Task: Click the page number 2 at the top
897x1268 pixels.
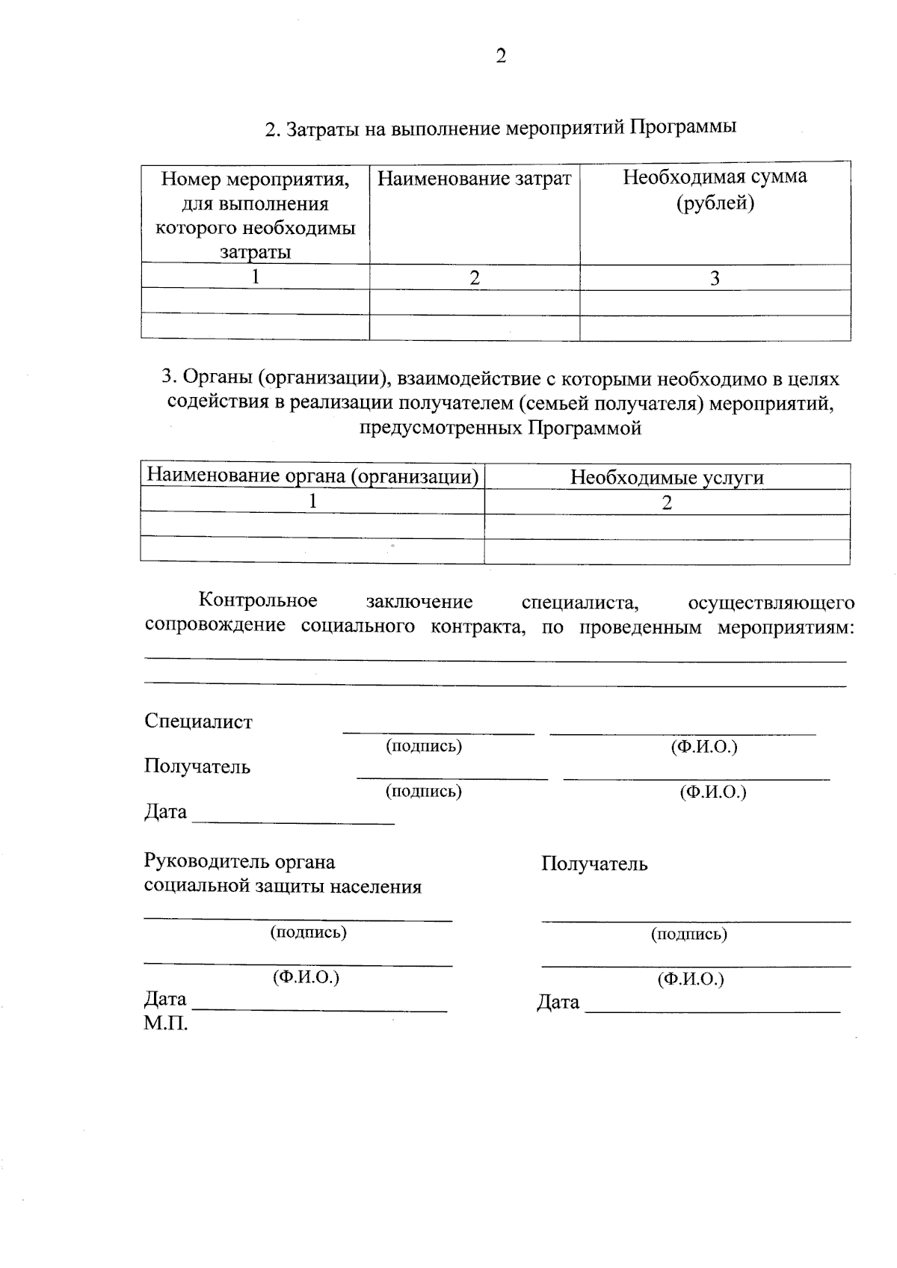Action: (501, 56)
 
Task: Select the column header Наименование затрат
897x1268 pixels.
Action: (474, 179)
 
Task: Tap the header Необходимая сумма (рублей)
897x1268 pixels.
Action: (715, 190)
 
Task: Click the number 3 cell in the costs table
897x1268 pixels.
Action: (715, 279)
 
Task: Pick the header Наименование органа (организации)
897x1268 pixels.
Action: (312, 476)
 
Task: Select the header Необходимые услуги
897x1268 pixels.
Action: (667, 478)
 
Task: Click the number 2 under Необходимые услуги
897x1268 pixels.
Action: (667, 503)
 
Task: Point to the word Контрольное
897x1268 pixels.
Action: (258, 600)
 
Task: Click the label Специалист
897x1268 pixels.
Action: (198, 721)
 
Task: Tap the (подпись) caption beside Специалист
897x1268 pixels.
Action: (423, 746)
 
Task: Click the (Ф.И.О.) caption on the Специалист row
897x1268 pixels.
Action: (704, 746)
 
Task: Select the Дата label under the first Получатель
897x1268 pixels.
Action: (165, 812)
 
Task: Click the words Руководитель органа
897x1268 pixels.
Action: (239, 861)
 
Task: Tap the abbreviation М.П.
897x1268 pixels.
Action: (165, 1024)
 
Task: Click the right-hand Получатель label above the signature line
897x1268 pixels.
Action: (594, 864)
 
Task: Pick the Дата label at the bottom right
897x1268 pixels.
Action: (558, 1002)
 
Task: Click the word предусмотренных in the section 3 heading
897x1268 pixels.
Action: (441, 428)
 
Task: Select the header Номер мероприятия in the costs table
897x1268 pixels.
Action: (255, 179)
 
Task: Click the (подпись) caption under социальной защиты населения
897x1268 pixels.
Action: (308, 932)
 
